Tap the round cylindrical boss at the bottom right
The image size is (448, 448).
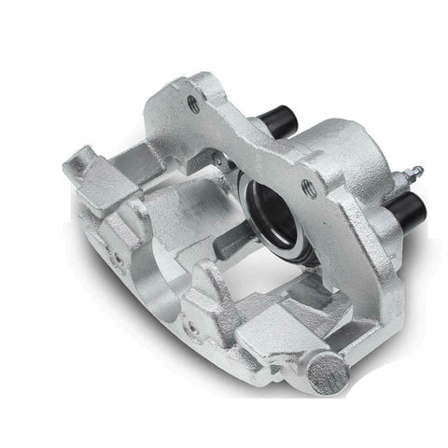click(329, 371)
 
